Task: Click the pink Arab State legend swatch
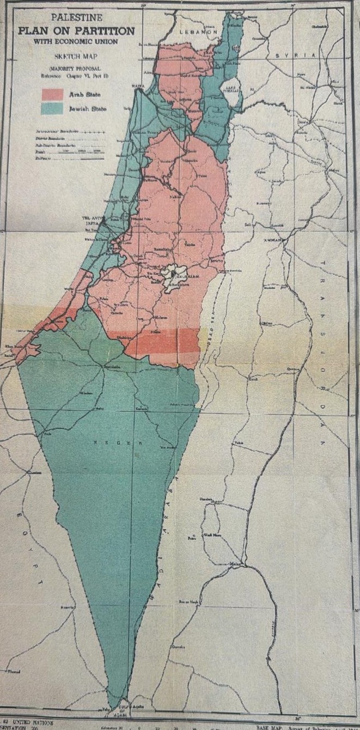[x=53, y=94]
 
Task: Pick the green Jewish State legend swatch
[x=53, y=108]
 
